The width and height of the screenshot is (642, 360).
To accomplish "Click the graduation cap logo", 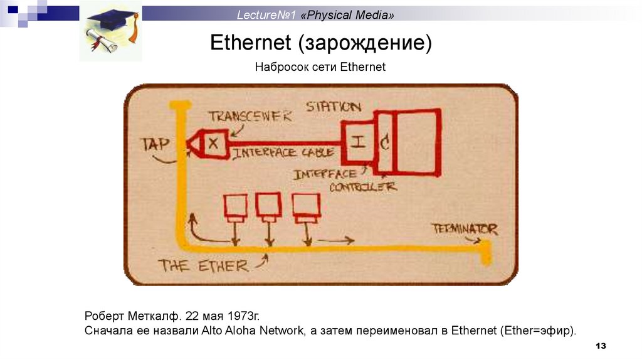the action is tap(110, 31).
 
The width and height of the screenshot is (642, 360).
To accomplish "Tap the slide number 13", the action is tap(601, 346).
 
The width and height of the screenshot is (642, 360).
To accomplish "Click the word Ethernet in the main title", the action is tap(251, 43).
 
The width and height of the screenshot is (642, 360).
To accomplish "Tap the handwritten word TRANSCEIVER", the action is tap(250, 117).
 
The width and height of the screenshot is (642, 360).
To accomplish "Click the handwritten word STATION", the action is tap(333, 107).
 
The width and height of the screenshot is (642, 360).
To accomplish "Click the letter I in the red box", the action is tap(357, 142).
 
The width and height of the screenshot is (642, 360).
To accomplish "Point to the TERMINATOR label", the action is tap(465, 229).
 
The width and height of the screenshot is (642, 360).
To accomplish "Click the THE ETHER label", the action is tap(203, 265).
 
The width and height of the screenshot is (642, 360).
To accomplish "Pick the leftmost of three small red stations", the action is tap(236, 208).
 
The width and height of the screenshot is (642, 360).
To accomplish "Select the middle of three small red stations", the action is tap(268, 206).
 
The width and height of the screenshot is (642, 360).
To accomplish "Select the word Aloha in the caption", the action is tap(238, 330).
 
